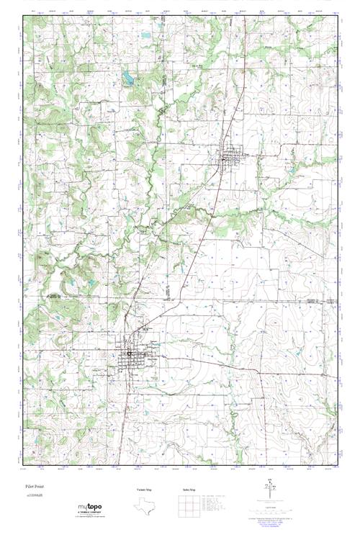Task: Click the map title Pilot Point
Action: (34, 486)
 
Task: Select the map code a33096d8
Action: (34, 495)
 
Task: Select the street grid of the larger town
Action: (132, 354)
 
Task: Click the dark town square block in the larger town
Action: (130, 353)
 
